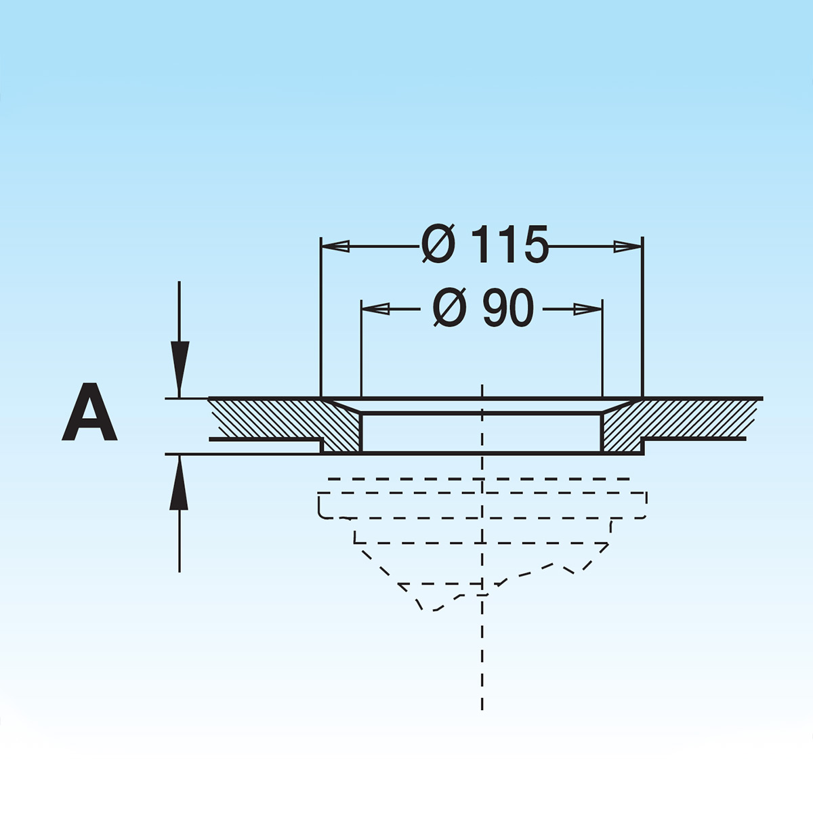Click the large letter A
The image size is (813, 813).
tap(89, 413)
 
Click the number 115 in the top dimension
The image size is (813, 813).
tap(509, 245)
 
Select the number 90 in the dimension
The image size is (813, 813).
tap(508, 309)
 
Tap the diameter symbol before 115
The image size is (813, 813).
tap(438, 245)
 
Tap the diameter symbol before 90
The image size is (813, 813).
tap(450, 309)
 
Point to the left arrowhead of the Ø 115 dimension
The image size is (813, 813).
tap(336, 247)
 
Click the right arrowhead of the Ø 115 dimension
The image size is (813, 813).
tap(627, 247)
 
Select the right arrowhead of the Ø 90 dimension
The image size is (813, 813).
tap(587, 310)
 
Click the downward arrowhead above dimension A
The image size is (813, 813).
tap(180, 369)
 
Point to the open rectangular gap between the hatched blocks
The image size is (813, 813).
tap(481, 432)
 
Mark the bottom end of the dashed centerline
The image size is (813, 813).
tap(482, 708)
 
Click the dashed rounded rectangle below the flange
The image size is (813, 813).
tap(481, 505)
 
